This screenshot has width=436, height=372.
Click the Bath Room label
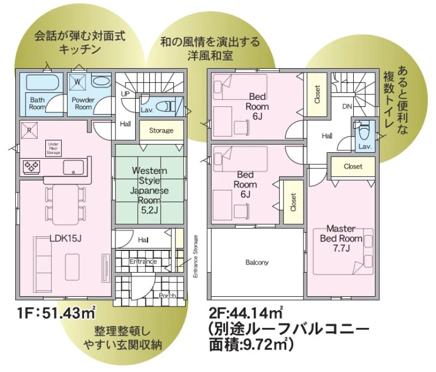point(37,103)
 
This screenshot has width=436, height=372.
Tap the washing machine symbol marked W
point(77,82)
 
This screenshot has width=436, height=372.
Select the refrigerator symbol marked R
point(29,130)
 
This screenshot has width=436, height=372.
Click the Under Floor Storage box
point(53,148)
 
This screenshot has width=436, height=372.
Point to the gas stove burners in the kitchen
point(32,167)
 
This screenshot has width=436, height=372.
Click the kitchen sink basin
point(74,167)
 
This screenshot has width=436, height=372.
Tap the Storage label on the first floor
point(161,130)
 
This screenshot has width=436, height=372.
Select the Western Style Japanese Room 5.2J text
point(149,190)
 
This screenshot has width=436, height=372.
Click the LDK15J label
point(65,238)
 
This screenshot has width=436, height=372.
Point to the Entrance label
point(143,261)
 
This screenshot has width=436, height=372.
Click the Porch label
point(167,296)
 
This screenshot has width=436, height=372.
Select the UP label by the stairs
point(125,94)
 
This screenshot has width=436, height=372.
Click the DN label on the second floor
point(347,106)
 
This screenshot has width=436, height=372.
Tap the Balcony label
point(257,262)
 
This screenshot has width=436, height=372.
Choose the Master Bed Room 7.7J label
point(341,238)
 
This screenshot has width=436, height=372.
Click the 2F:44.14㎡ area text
point(246,313)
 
